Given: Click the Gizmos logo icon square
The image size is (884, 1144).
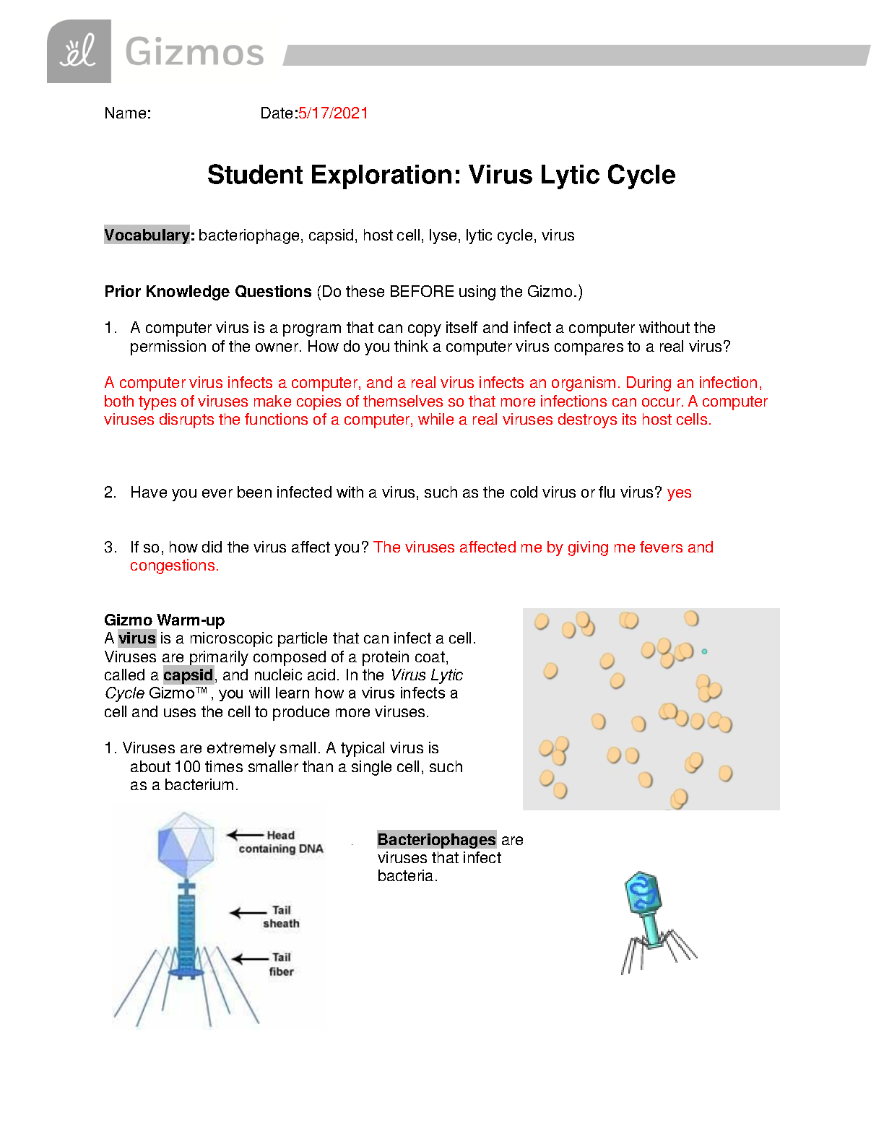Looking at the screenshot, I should coord(79,51).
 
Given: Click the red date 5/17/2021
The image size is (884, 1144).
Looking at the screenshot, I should coord(333,113).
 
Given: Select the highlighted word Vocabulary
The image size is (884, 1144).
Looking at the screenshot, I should coord(147,235).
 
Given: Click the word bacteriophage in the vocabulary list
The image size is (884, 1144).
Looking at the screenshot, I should coord(249,236).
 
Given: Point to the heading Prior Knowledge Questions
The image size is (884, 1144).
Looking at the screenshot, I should coord(208,292).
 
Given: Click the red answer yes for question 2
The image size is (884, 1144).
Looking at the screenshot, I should coord(679,493).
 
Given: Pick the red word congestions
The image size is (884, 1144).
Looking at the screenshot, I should coord(174,566).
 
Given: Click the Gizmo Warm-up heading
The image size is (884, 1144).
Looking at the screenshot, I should coord(164,620).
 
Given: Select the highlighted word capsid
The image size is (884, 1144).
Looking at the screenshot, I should coord(188,675).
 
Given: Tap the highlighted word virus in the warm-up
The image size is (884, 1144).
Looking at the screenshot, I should coord(137,638).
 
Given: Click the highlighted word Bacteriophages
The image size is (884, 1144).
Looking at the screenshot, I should coord(436,840).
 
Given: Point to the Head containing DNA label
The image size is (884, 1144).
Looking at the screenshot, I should coord(281,842).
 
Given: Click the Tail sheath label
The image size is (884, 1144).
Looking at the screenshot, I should coord(281,917).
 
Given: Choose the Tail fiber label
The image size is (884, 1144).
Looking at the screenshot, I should coord(281,965).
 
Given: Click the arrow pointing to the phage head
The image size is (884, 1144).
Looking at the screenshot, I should coord(245,836).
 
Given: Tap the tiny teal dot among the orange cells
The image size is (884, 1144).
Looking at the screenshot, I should coord(704,651).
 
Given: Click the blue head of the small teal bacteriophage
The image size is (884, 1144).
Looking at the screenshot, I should coord(642,893).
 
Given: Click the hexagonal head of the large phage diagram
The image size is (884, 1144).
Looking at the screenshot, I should coord(186,843).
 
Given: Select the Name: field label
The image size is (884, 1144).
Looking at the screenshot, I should coord(128,113).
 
